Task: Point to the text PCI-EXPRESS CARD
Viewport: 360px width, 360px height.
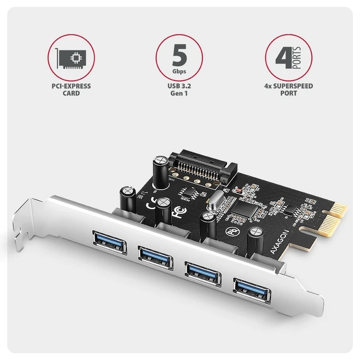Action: point(71,89)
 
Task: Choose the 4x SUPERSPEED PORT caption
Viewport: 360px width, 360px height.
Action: point(289,89)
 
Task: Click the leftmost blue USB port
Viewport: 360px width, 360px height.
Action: point(109,243)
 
